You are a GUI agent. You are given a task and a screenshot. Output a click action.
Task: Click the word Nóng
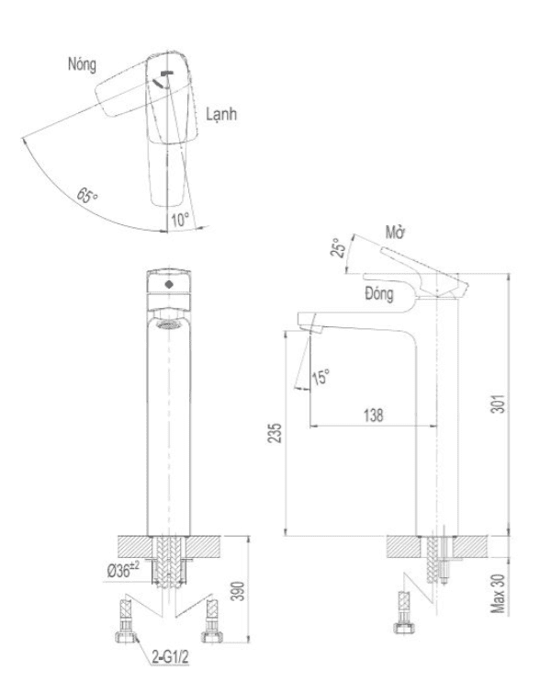click(x=82, y=64)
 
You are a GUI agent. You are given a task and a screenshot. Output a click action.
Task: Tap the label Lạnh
click(x=221, y=114)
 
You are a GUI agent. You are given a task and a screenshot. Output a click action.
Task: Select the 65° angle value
click(x=87, y=195)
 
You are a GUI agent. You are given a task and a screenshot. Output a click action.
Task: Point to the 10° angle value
click(x=180, y=220)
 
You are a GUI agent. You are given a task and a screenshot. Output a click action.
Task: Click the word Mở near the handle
click(x=395, y=233)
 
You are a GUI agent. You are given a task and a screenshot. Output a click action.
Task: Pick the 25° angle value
click(x=337, y=248)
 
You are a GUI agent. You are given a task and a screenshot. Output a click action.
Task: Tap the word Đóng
click(x=379, y=293)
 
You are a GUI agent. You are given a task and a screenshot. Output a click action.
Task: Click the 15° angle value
click(x=321, y=377)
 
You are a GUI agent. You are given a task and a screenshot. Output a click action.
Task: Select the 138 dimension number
click(x=373, y=415)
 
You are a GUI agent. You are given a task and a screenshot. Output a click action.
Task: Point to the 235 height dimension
click(x=275, y=433)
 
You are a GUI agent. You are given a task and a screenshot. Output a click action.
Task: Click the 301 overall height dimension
click(x=499, y=404)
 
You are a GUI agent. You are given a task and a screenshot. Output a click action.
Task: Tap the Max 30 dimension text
click(x=498, y=594)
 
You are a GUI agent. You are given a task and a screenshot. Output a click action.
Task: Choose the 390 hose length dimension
click(x=239, y=591)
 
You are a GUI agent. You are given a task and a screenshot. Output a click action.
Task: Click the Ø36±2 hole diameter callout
click(x=123, y=570)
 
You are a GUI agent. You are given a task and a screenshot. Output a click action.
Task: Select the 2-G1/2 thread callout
click(x=170, y=657)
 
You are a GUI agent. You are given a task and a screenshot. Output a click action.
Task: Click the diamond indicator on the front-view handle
click(x=168, y=284)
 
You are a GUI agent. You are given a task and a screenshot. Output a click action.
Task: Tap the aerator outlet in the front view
click(x=168, y=325)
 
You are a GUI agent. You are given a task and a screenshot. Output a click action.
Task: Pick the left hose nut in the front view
click(x=125, y=636)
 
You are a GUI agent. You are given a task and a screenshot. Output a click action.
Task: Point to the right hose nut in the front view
click(x=212, y=636)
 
